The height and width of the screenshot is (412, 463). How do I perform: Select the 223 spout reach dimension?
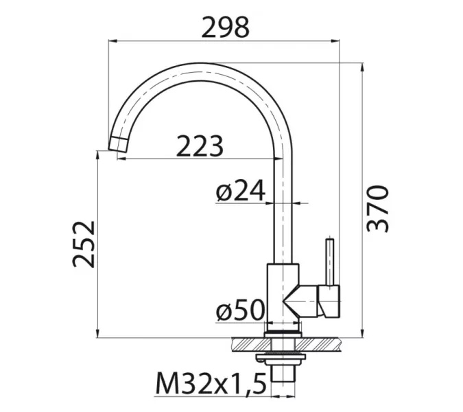pyautogui.click(x=200, y=146)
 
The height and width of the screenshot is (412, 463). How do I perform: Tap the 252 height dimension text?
pyautogui.click(x=83, y=244)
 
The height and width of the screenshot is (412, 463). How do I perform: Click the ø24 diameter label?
pyautogui.click(x=239, y=192)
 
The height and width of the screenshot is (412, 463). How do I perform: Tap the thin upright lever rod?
pyautogui.click(x=330, y=261)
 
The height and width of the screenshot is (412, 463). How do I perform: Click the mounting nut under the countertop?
pyautogui.click(x=283, y=358)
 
